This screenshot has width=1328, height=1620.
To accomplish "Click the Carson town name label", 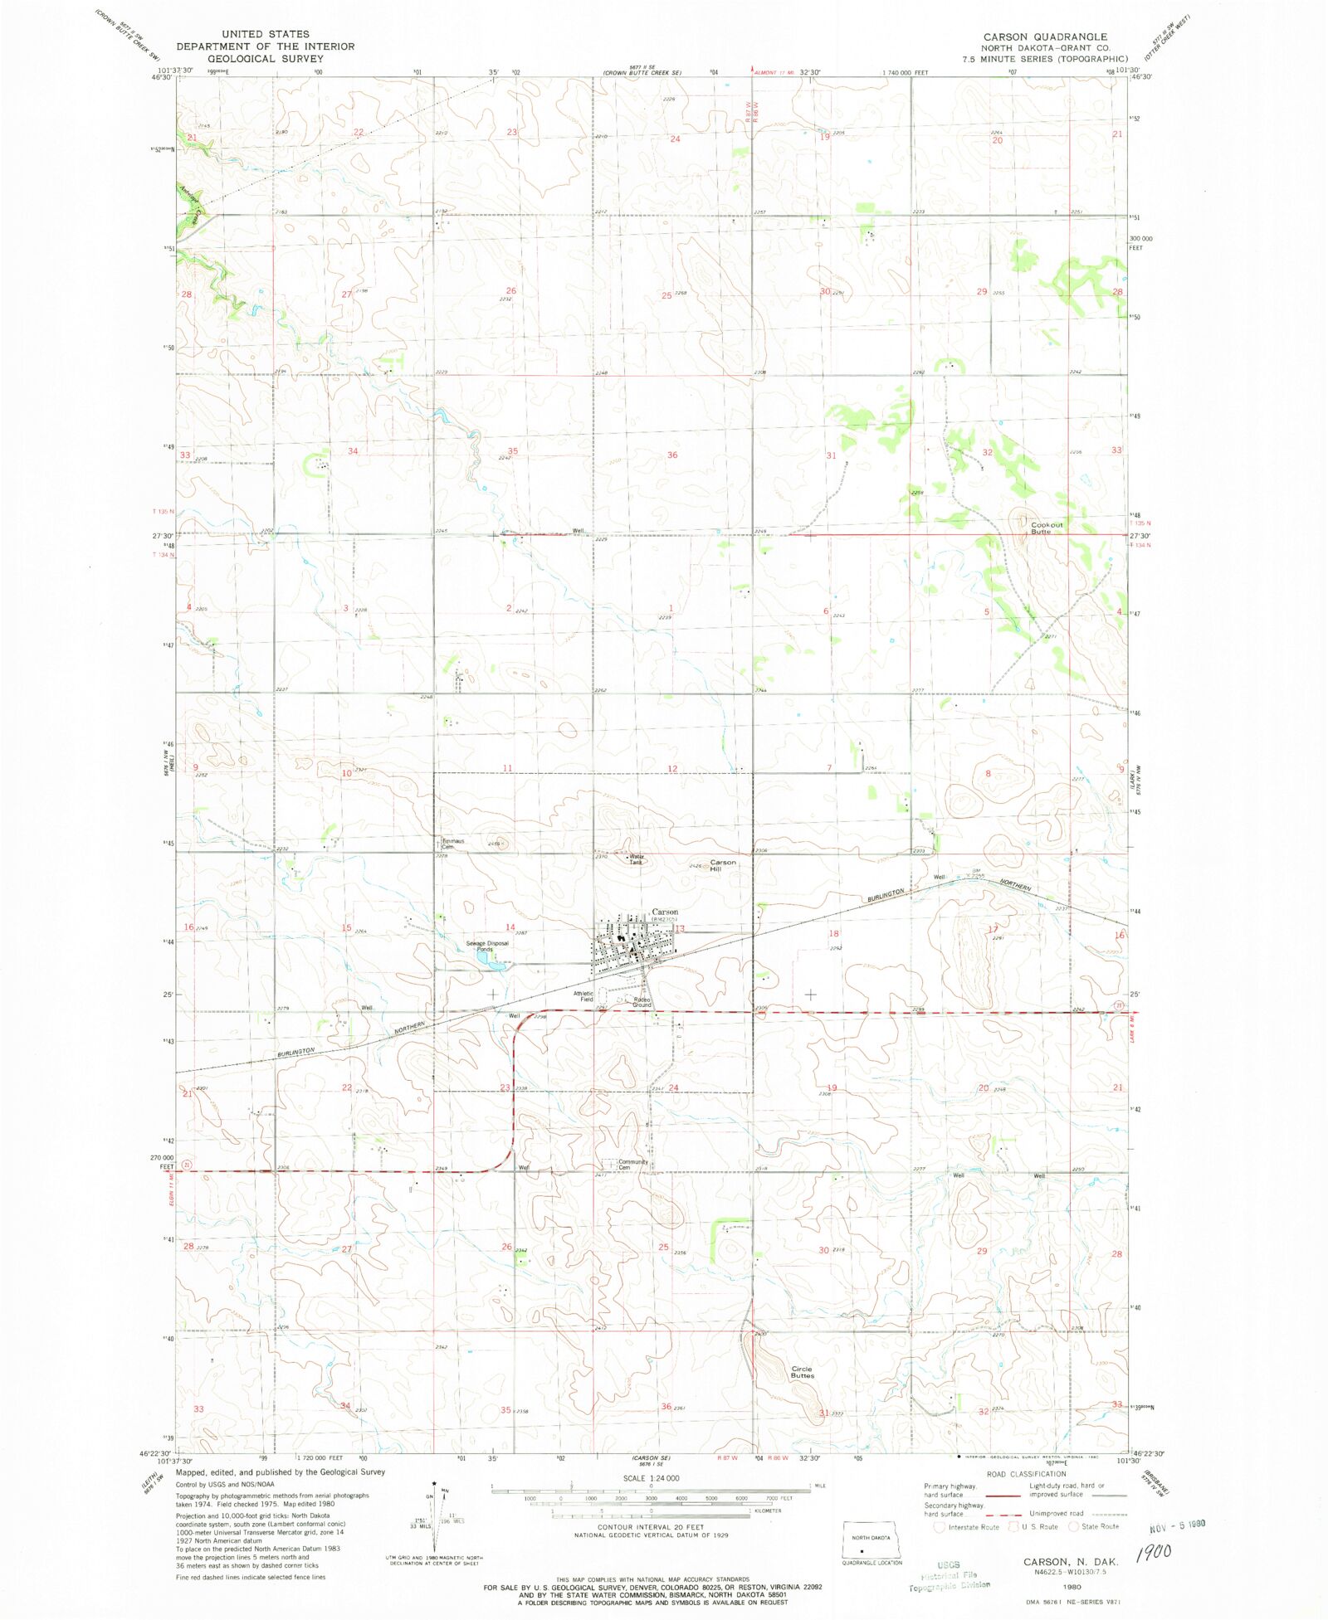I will pyautogui.click(x=664, y=912).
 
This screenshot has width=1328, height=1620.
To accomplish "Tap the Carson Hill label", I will pyautogui.click(x=722, y=865).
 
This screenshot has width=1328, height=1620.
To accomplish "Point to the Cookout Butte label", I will pyautogui.click(x=1046, y=528).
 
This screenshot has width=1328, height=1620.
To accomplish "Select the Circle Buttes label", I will pyautogui.click(x=802, y=1372).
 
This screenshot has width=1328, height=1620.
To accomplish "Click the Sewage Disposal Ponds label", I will pyautogui.click(x=486, y=946).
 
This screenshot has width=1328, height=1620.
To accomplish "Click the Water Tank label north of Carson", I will pyautogui.click(x=636, y=859).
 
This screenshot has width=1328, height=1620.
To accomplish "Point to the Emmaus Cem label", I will pyautogui.click(x=452, y=844).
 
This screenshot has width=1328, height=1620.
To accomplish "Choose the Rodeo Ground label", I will pyautogui.click(x=642, y=1002).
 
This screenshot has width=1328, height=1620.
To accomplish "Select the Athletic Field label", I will pyautogui.click(x=583, y=996).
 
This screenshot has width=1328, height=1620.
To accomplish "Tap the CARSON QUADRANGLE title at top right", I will pyautogui.click(x=1045, y=36).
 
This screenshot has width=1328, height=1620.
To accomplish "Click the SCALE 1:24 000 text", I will pyautogui.click(x=651, y=1478).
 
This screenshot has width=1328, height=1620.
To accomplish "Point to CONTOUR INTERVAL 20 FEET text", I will pyautogui.click(x=650, y=1527).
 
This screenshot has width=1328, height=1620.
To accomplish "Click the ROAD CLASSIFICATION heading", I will pyautogui.click(x=1026, y=1474).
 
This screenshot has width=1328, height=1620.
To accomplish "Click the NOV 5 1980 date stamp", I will pyautogui.click(x=1176, y=1525).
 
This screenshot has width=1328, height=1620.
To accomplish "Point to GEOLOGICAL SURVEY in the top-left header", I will pyautogui.click(x=265, y=59).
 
